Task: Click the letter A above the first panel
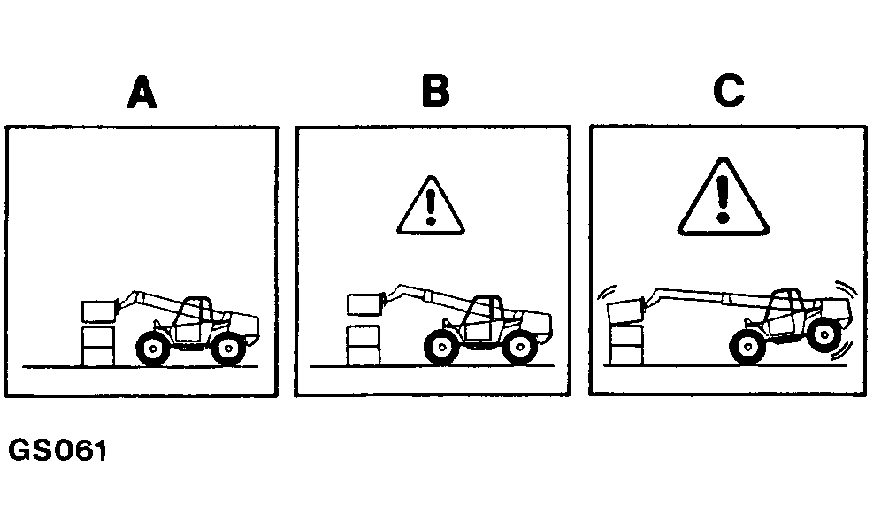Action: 142,92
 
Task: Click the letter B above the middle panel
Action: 435,91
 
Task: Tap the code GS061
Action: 57,451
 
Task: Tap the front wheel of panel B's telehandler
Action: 441,348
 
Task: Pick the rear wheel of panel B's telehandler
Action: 520,348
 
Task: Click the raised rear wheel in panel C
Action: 824,335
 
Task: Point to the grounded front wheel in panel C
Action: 747,348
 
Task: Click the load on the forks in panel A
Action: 99,311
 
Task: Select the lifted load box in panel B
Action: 364,304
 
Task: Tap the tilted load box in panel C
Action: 626,312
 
